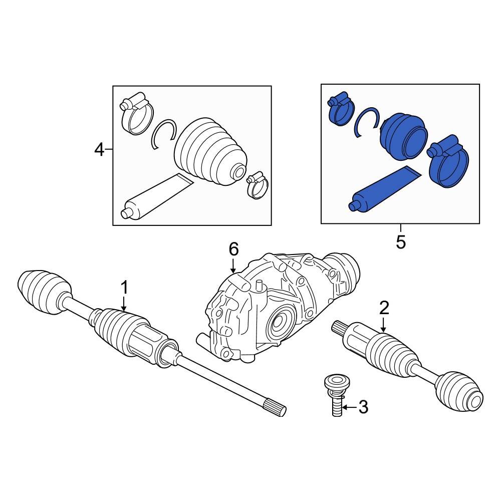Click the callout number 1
tap(124, 288)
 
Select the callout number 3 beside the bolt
tap(363, 407)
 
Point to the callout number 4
tap(100, 149)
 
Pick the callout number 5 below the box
tap(401, 242)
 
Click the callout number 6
tap(234, 249)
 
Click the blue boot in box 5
tap(404, 135)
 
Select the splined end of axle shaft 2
tap(341, 328)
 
